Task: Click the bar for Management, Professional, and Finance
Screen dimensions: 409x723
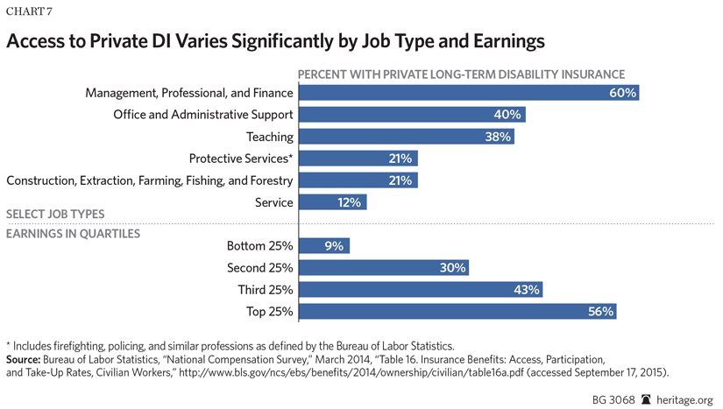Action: tap(468, 93)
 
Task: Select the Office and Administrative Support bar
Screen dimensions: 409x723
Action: tap(412, 115)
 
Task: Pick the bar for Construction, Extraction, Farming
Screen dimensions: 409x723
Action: tap(358, 180)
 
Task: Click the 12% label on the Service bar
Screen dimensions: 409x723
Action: tap(349, 202)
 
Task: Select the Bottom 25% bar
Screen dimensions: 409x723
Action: tap(324, 246)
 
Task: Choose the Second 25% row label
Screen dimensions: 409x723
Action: tap(260, 268)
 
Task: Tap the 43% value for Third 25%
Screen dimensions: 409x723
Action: tap(527, 290)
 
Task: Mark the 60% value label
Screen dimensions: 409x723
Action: tap(621, 93)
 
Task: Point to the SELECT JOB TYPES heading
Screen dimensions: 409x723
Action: tap(55, 215)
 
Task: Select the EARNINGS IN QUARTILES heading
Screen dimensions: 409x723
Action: tap(73, 234)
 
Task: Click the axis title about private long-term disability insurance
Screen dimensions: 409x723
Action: tap(462, 74)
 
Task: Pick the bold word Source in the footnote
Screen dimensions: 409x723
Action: tap(26, 360)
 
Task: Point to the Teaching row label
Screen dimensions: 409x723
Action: tap(269, 137)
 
